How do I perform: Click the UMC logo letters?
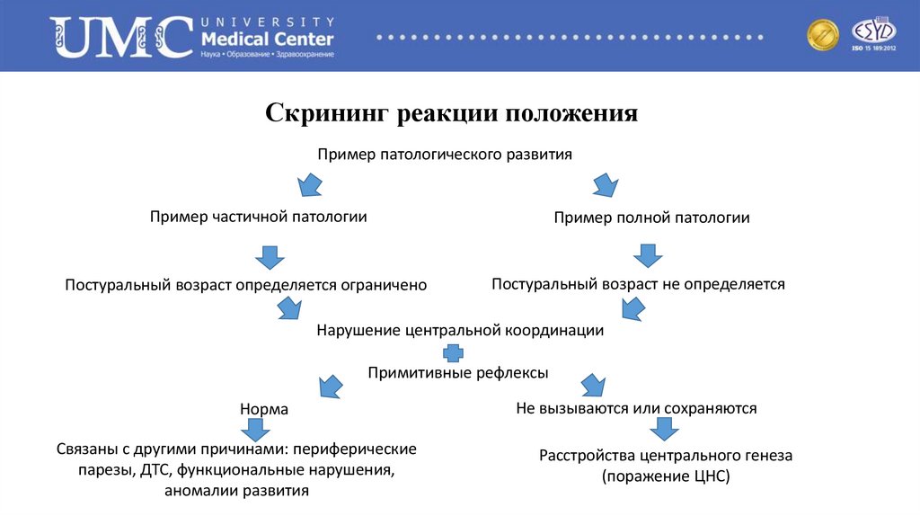(120, 38)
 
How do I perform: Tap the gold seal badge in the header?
(822, 36)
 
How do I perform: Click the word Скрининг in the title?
(325, 114)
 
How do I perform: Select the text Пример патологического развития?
(445, 155)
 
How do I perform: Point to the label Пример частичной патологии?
(258, 217)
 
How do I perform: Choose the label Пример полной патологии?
(651, 218)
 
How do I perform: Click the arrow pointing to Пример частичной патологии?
(310, 185)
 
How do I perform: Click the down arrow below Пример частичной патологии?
(269, 256)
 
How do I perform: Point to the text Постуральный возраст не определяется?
(638, 284)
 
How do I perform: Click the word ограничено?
(383, 285)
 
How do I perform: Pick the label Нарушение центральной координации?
(460, 330)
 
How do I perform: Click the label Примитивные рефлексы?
(457, 372)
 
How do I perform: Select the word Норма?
(264, 409)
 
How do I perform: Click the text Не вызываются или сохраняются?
(636, 408)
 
